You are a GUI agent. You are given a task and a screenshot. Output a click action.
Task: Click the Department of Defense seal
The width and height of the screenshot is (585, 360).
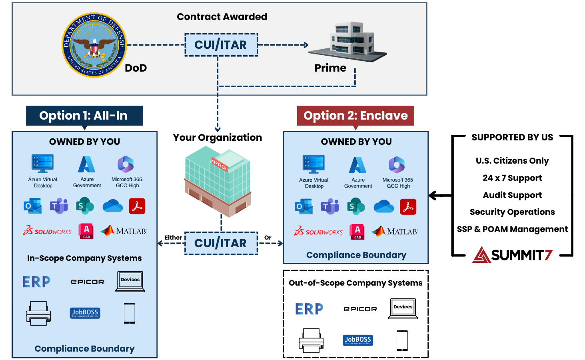tap(94, 44)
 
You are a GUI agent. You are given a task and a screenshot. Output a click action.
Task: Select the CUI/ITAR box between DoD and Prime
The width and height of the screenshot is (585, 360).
tap(221, 45)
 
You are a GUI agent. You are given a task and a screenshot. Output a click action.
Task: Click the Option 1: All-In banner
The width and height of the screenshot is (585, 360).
tap(84, 116)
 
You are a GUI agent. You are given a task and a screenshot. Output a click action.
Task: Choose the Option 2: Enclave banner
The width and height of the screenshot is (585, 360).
tap(355, 116)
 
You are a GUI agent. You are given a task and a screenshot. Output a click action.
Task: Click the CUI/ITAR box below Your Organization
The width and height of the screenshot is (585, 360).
tap(221, 243)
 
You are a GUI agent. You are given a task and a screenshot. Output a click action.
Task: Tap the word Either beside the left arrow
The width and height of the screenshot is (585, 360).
tap(173, 238)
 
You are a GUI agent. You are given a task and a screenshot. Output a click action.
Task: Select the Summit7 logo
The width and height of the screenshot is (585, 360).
tap(513, 255)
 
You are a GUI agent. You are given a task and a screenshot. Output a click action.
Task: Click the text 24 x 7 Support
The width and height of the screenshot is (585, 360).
tap(512, 178)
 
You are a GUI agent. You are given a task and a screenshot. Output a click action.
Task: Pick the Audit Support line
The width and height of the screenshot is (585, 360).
tap(512, 195)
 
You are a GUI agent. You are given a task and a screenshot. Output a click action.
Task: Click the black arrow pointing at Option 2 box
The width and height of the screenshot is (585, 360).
tap(440, 196)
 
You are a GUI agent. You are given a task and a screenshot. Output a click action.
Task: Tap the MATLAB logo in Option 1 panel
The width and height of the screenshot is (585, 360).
tap(124, 231)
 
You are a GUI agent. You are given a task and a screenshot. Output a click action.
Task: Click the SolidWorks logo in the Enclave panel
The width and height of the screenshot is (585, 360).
tap(318, 231)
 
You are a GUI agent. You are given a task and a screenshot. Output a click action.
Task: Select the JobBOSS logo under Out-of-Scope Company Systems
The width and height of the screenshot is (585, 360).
tap(358, 340)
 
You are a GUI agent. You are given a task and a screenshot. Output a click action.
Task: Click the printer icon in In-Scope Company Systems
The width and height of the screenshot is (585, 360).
tap(38, 313)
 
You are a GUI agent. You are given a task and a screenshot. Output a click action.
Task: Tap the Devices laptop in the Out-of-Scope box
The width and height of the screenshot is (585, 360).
tap(403, 308)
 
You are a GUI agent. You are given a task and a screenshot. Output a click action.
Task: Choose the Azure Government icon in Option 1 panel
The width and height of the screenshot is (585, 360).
tap(87, 164)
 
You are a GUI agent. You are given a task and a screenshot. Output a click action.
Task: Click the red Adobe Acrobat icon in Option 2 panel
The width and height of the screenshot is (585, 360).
tap(408, 207)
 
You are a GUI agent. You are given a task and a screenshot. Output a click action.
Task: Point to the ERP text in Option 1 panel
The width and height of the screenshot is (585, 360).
tap(36, 282)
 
